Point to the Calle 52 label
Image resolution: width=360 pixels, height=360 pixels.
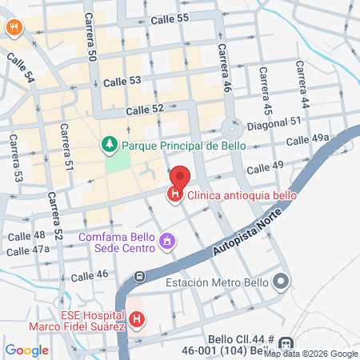[x=144, y=109]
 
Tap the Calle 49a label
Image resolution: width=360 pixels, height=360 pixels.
[x=310, y=139]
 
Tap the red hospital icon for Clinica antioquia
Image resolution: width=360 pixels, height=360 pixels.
[x=174, y=194]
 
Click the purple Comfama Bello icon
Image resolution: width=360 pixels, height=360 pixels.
[x=167, y=239]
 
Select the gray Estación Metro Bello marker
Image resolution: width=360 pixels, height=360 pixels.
[x=281, y=282]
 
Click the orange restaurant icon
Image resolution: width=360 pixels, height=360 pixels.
[x=14, y=27]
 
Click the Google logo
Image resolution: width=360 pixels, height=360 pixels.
[x=26, y=350]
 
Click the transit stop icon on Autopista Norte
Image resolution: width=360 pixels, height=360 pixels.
[x=140, y=277]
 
